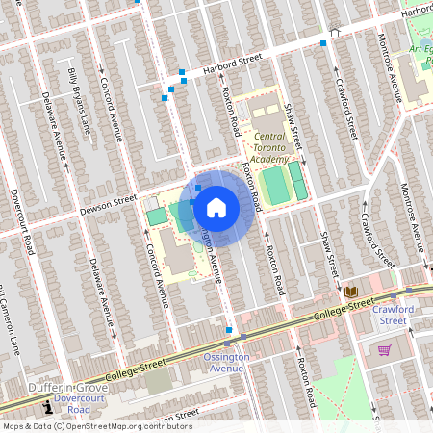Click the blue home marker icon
(x=216, y=207)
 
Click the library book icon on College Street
(x=350, y=292)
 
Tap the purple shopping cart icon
(x=384, y=349)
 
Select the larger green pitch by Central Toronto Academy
(x=277, y=185)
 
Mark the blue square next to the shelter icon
(x=323, y=42)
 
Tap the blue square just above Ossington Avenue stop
(x=229, y=330)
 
